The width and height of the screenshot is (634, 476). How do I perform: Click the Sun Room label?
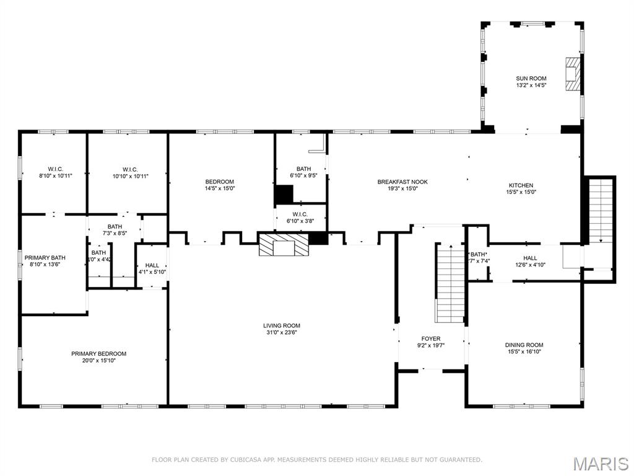[x=531, y=79]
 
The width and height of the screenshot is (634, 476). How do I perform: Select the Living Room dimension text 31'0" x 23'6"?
[x=282, y=332]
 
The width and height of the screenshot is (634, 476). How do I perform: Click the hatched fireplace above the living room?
[x=283, y=244]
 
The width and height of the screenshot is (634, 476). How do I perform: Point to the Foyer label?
[x=431, y=339]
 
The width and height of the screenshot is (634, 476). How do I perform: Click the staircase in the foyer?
[x=449, y=283]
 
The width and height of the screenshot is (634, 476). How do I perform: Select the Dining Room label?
[x=524, y=345]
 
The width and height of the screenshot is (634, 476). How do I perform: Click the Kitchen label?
[x=521, y=185]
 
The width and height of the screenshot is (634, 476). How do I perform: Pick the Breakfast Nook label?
[x=402, y=182]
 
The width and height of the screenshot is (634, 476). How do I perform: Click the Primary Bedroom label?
[x=98, y=354]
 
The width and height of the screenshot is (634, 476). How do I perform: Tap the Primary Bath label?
[x=45, y=257]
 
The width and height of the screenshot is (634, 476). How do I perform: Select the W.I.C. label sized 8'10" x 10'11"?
[x=56, y=169]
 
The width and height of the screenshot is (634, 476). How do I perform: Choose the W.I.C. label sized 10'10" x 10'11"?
[x=130, y=169]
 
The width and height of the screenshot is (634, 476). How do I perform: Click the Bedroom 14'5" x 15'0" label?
[x=220, y=182]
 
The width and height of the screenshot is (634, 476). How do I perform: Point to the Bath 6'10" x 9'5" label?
[x=303, y=169]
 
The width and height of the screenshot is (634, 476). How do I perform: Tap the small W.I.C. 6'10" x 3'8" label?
[x=300, y=215]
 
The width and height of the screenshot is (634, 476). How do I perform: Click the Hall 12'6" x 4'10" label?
[x=530, y=258]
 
